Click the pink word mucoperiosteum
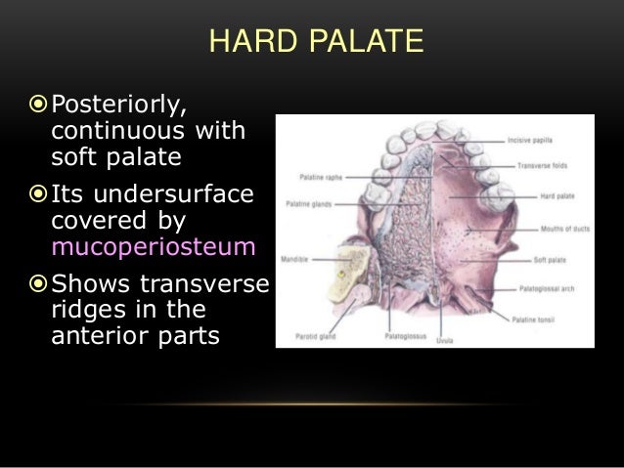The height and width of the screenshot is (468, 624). point(152,246)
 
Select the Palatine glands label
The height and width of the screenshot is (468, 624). point(308,204)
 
